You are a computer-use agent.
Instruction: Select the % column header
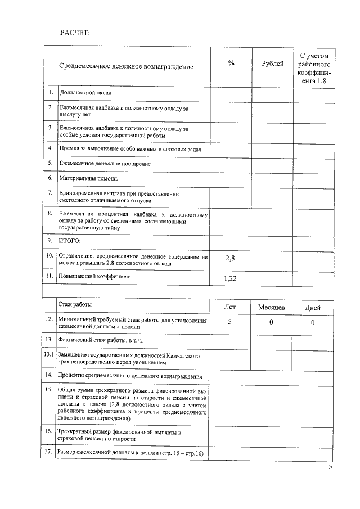coord(231,64)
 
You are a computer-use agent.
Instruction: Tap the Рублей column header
coord(273,64)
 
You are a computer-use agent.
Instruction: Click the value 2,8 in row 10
coord(230,258)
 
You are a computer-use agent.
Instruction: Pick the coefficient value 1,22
coord(230,278)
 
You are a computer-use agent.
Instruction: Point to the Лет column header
coord(230,307)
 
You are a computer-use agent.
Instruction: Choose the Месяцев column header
coord(272,307)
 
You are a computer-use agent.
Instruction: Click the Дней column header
coord(313,307)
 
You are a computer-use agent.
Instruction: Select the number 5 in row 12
coord(230,322)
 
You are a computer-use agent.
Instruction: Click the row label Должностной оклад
coord(85,92)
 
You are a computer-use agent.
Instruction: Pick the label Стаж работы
coord(75,304)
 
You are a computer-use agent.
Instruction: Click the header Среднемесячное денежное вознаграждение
coord(126,66)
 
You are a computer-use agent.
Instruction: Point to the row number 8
coord(50,214)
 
